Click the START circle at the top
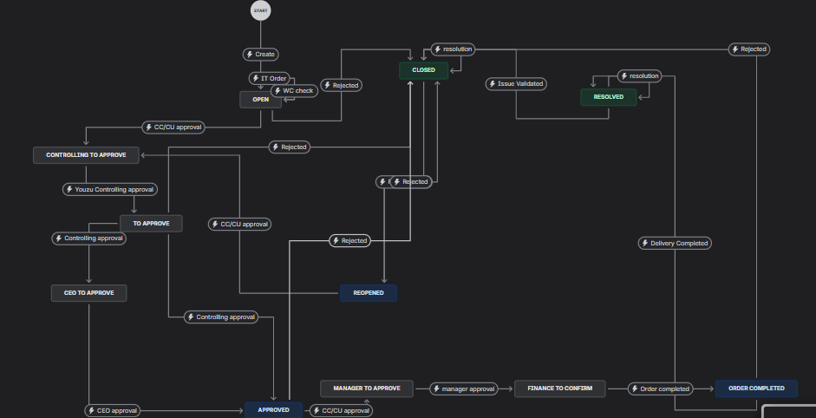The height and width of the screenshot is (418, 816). (x=260, y=10)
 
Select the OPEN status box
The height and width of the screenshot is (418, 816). (x=261, y=100)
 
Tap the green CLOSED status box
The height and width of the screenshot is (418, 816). (x=423, y=69)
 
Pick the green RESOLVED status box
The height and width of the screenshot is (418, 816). (x=608, y=97)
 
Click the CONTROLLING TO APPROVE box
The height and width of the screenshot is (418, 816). (x=87, y=155)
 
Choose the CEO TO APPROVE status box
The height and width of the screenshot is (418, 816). (x=88, y=293)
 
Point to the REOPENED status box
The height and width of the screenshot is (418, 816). (x=369, y=293)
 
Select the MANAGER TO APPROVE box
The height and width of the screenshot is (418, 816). (x=366, y=389)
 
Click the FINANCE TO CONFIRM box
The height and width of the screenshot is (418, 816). (x=560, y=389)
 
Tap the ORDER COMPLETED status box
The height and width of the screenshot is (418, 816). (x=756, y=389)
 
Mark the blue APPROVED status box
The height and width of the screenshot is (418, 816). (x=273, y=408)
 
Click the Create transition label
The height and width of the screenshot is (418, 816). (x=260, y=54)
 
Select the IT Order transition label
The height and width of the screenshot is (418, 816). (x=269, y=78)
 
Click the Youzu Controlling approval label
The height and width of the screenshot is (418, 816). (x=110, y=189)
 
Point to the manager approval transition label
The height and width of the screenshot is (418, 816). (x=463, y=389)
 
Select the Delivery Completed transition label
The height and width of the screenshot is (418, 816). (x=675, y=243)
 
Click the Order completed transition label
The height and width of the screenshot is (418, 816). (x=660, y=389)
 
